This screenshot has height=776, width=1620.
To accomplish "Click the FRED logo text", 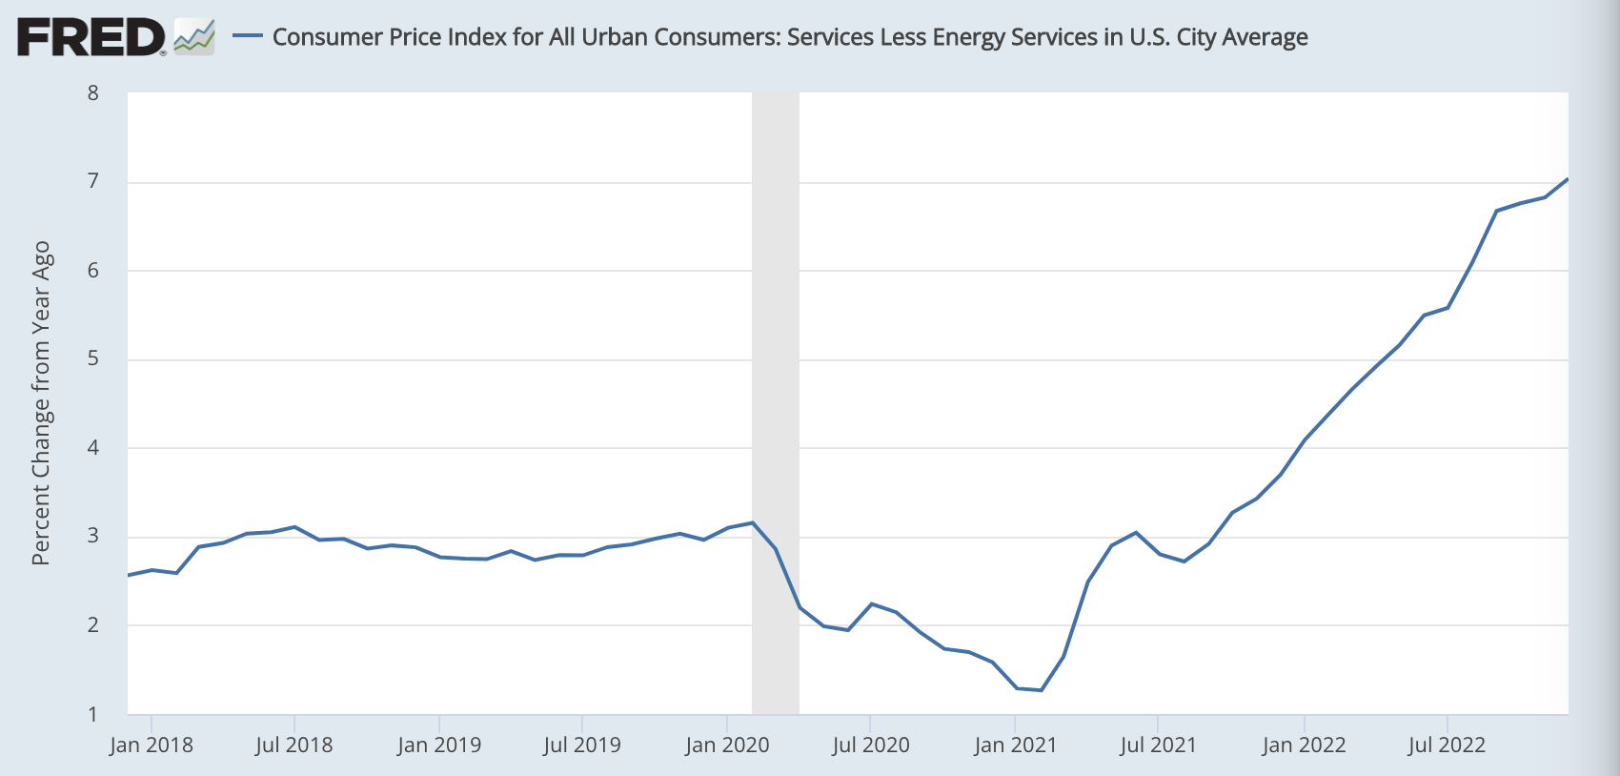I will coord(91,37).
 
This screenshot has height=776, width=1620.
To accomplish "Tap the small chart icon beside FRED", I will coord(194,37).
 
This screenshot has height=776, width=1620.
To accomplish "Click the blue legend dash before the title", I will coord(248,36).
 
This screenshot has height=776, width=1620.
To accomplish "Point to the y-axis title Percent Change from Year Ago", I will coord(41,403).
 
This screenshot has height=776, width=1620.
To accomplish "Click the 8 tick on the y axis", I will coord(93,92).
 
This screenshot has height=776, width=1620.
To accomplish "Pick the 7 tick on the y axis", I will coord(93,181).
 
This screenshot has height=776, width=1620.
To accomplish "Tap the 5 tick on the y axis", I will coord(93,359).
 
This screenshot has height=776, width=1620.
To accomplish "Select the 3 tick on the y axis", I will coord(93,536).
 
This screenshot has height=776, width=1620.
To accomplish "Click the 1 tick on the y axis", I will coord(93,714).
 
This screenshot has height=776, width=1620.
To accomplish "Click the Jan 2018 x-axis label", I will coord(151,745).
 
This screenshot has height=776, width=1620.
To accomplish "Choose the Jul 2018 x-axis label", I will coord(294,745).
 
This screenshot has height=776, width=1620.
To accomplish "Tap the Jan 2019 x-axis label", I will coord(438,745).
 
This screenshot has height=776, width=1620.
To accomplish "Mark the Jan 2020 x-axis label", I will coord(726,745).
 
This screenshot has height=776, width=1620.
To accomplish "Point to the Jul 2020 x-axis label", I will coord(870,745).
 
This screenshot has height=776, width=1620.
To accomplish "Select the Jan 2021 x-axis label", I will coord(1015,745).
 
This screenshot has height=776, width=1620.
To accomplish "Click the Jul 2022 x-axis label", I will coord(1447,745).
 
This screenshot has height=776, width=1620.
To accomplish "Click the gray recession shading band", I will coord(775,400).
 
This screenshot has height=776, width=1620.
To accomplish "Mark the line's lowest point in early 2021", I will coord(1041,690).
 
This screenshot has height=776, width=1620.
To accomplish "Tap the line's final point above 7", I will coord(1568,179).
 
